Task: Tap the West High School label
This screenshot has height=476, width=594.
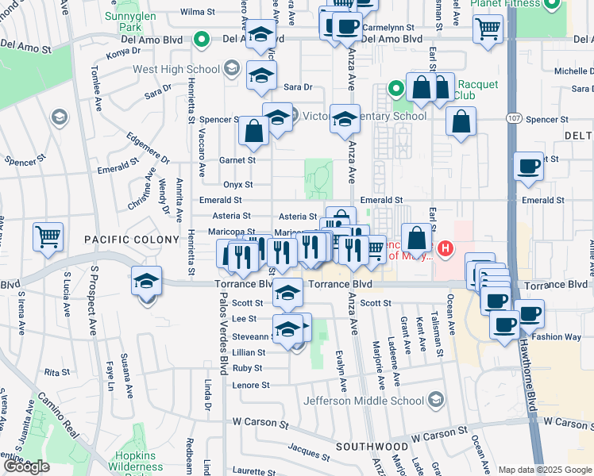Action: tap(176, 69)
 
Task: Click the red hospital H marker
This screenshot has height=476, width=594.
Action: tap(445, 249)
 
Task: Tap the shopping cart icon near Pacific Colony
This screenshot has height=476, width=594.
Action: tap(48, 236)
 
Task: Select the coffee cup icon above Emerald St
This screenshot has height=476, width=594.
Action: tap(529, 167)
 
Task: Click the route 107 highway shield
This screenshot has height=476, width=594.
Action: tap(513, 118)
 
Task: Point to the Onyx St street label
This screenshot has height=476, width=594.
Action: tap(237, 184)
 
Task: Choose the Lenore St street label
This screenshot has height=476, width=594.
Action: tap(252, 385)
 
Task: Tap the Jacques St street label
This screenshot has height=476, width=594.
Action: tap(308, 452)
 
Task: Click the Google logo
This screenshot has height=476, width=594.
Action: tap(26, 466)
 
